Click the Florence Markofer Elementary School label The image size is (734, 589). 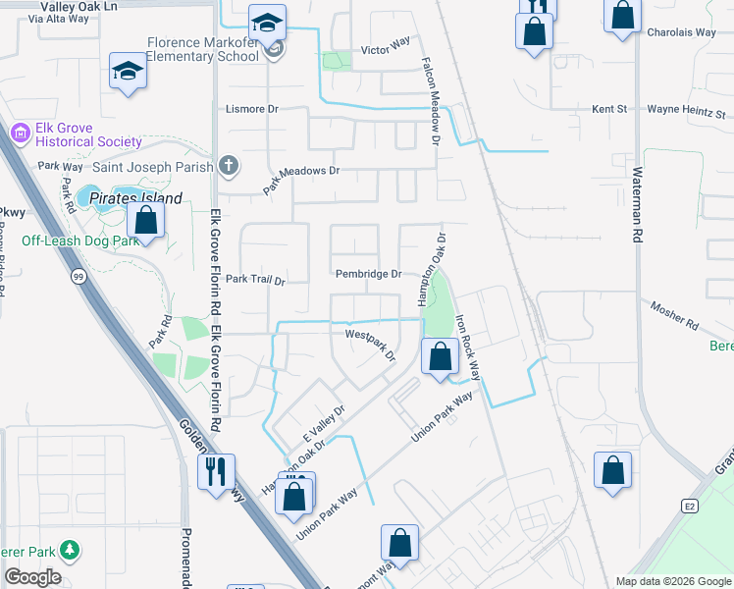tap(202, 49)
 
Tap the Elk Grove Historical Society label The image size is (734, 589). tap(77, 134)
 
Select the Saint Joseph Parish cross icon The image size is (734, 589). tap(229, 165)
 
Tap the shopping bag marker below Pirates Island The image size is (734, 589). tap(145, 221)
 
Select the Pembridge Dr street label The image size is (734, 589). tap(369, 274)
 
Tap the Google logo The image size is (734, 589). tap(33, 577)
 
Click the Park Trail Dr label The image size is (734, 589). tap(254, 280)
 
